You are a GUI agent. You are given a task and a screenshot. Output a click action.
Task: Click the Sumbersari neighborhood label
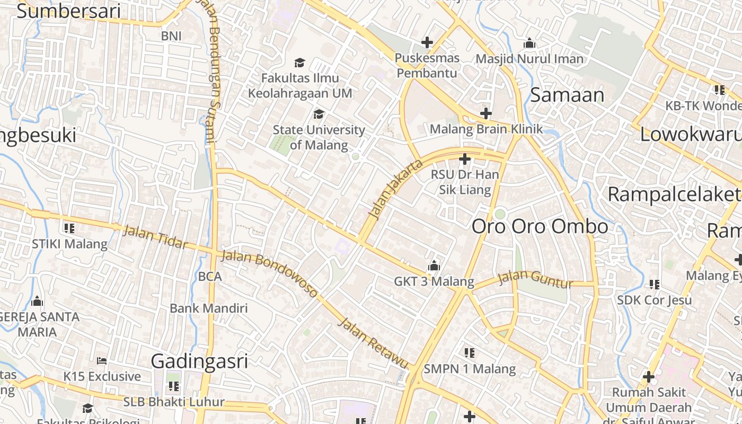click(x=68, y=11)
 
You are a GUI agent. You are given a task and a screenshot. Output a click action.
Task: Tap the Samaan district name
click(x=567, y=95)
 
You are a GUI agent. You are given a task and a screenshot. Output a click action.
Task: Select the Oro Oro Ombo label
click(x=540, y=226)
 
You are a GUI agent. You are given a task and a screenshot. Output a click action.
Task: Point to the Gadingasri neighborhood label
click(x=199, y=361)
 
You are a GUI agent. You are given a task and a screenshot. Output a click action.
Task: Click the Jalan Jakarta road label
click(x=396, y=189)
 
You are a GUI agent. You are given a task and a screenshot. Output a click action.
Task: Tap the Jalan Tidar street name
click(x=155, y=237)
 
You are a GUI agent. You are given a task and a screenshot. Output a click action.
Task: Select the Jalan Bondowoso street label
click(x=270, y=273)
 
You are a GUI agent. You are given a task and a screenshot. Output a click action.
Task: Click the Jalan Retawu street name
click(x=373, y=343)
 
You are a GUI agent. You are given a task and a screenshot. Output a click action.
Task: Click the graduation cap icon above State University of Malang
click(x=319, y=114)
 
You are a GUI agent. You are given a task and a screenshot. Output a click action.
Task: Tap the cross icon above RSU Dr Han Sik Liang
click(x=465, y=158)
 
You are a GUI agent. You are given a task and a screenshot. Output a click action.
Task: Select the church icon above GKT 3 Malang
click(x=434, y=266)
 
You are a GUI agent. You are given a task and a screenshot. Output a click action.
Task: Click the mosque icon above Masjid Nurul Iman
click(x=529, y=43)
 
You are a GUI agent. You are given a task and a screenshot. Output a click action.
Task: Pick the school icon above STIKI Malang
click(x=69, y=228)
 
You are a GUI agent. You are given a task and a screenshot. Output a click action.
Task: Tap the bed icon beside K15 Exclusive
click(x=102, y=361)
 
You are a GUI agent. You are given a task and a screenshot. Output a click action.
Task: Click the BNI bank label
click(x=171, y=36)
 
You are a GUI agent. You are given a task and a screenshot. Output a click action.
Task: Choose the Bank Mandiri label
click(x=209, y=308)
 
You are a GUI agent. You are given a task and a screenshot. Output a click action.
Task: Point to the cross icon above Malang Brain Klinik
click(x=485, y=113)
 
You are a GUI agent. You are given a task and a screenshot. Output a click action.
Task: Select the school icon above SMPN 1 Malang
click(x=469, y=352)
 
